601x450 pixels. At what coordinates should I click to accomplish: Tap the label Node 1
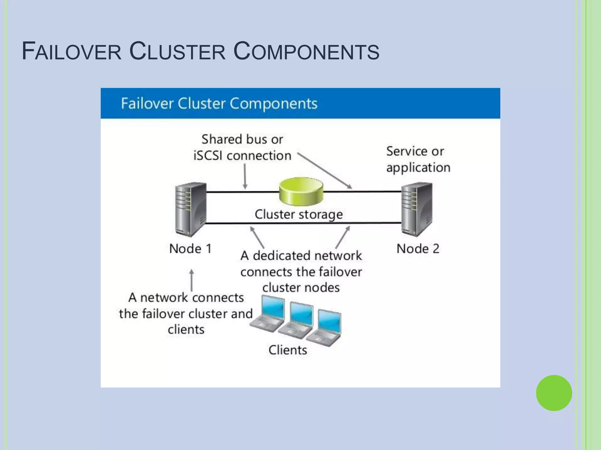point(190,249)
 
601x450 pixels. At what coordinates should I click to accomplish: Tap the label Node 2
point(418,249)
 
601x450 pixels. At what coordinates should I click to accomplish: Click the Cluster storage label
point(298,214)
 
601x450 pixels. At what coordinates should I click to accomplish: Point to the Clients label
point(288,350)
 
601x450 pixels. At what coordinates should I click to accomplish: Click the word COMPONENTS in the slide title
point(306,52)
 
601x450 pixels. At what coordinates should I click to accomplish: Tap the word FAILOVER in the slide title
point(72,52)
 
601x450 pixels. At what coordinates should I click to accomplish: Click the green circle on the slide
point(554,393)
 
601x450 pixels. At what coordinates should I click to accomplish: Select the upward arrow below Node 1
point(192,280)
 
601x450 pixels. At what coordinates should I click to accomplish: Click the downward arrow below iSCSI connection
point(245,176)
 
